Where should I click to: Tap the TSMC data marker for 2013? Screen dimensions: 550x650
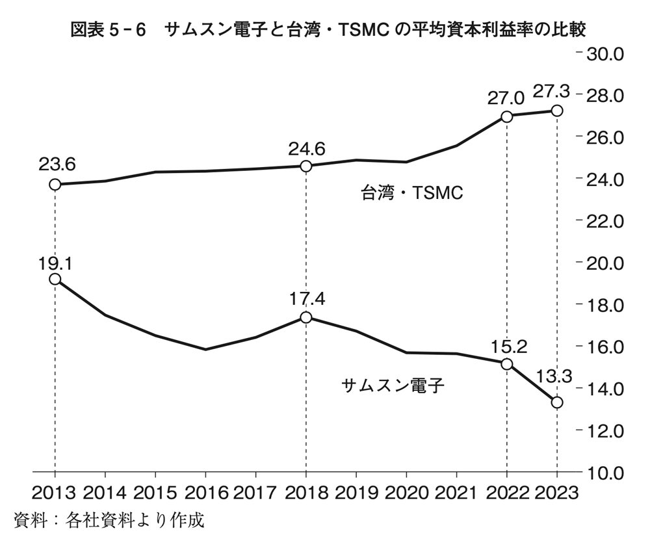(x=55, y=184)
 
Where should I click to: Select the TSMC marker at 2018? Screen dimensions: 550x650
(x=306, y=166)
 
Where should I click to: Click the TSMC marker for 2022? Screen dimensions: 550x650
(x=507, y=116)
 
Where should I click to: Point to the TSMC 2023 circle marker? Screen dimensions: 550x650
(x=557, y=111)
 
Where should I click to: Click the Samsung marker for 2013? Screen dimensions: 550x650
(x=55, y=279)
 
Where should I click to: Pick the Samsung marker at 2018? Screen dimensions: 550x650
(x=306, y=317)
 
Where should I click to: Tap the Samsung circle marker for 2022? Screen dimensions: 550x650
(x=507, y=363)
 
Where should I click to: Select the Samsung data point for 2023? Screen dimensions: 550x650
(x=557, y=402)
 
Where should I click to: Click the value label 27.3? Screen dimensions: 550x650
(x=551, y=92)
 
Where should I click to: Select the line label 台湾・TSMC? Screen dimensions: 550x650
(x=411, y=193)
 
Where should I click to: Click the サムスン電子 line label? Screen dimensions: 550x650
(x=392, y=386)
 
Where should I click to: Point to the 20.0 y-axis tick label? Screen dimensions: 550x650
(x=605, y=263)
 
